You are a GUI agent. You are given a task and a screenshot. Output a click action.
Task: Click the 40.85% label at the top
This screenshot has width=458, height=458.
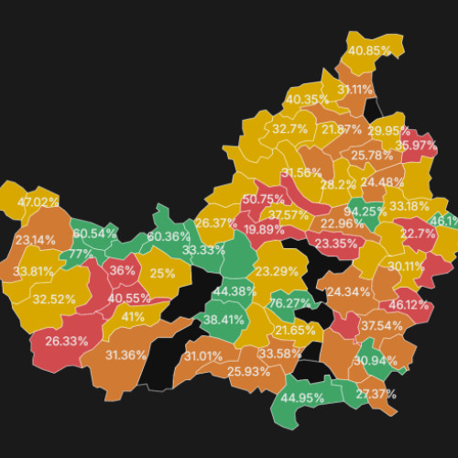[370, 50]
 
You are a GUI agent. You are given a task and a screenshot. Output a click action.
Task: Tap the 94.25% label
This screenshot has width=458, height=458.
[371, 212]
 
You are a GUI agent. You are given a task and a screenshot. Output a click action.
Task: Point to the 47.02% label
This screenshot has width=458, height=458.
[38, 202]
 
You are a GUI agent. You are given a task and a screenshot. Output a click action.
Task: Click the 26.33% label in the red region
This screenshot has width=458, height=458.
[67, 341]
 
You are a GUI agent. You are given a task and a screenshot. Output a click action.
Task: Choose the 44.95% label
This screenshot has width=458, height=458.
[302, 398]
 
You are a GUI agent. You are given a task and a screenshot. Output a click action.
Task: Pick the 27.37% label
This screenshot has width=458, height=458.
[375, 394]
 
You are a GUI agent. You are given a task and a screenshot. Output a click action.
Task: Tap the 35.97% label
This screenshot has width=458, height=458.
[416, 146]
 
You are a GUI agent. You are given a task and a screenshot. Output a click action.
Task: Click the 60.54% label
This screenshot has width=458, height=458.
[95, 234]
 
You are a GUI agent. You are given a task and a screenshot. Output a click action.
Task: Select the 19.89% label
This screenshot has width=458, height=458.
[264, 230]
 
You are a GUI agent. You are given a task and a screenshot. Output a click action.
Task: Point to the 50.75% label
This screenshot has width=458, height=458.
[264, 200]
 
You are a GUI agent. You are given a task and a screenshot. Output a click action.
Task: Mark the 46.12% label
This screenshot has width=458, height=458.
[409, 305]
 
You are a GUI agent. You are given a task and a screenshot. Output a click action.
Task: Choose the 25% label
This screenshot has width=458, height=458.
[162, 273]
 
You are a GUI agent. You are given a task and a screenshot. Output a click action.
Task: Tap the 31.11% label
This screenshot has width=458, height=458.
[355, 90]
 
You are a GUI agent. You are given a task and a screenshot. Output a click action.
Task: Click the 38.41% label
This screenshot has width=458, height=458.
[224, 320]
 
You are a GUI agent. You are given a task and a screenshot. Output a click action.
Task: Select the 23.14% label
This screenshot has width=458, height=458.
[36, 240]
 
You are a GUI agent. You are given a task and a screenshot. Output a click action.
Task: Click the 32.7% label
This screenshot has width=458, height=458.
[289, 129]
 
